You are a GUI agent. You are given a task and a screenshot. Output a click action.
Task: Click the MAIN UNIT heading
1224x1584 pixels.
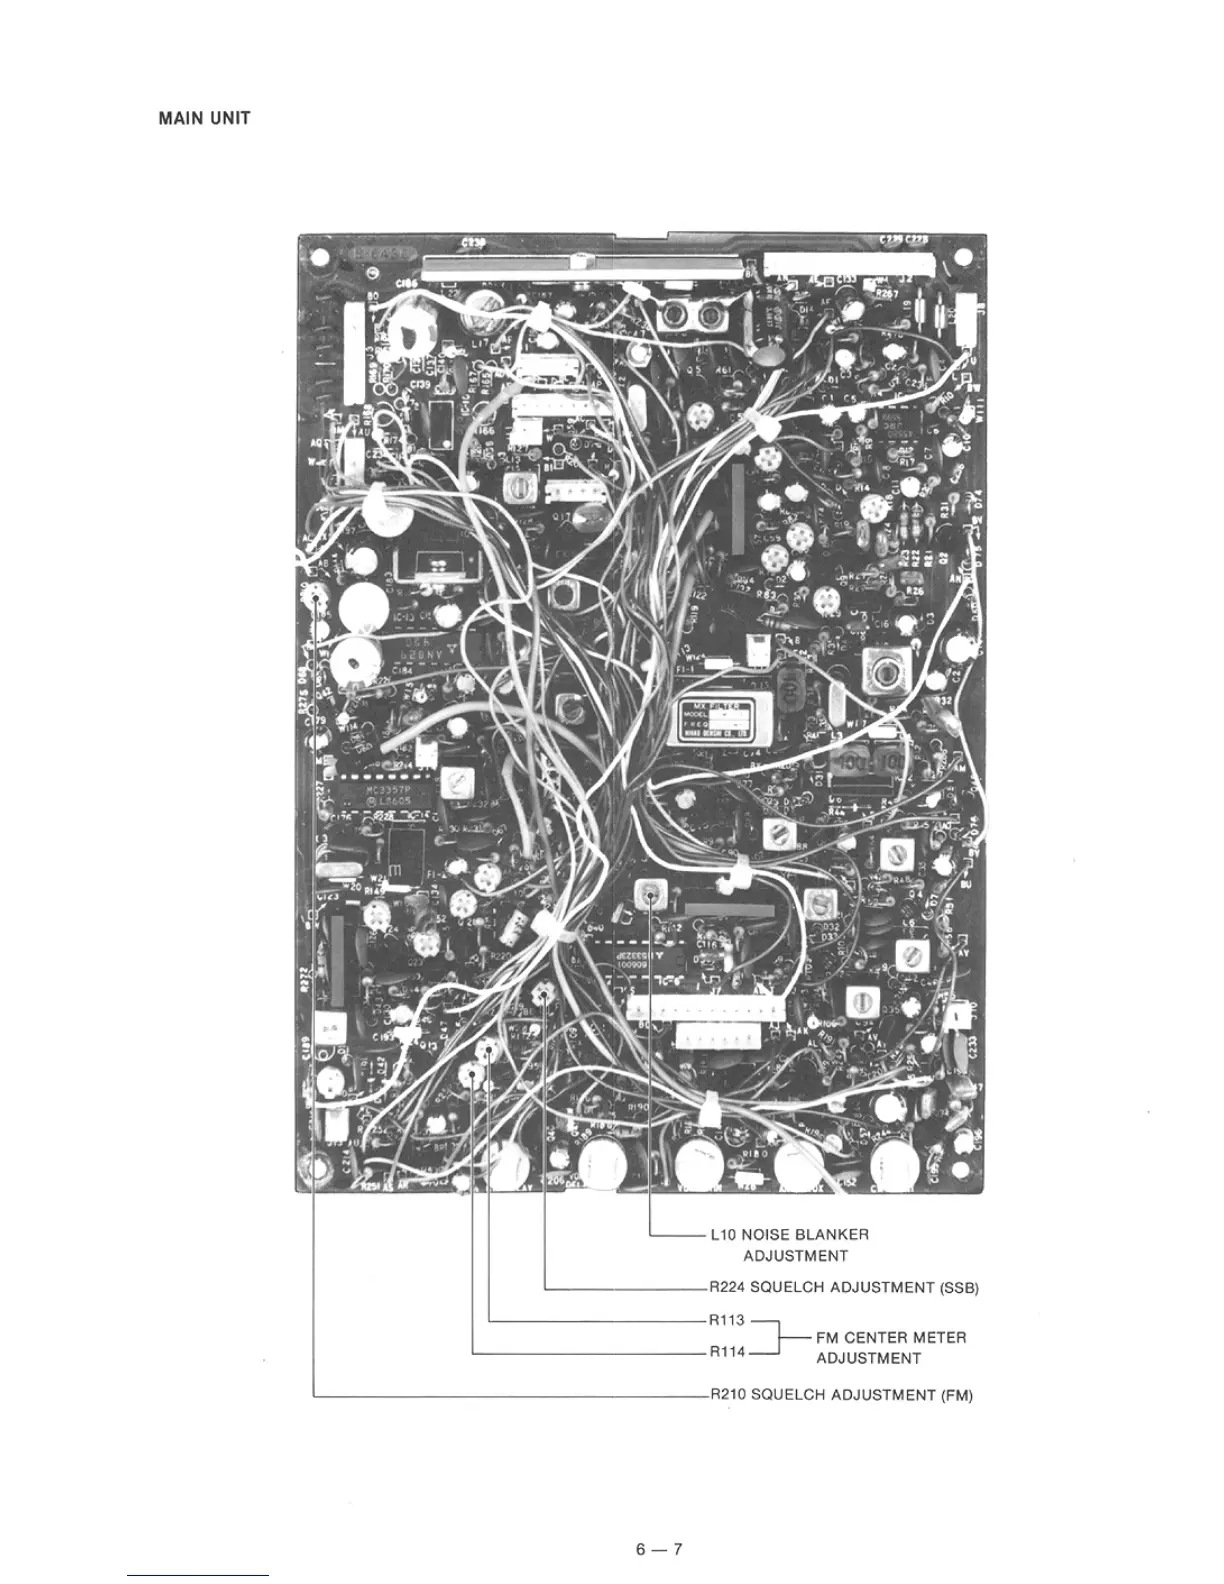(x=204, y=118)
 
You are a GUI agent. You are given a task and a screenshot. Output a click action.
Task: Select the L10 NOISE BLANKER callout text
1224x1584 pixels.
(x=789, y=1234)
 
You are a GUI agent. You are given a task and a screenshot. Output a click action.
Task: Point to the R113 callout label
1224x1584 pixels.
(x=727, y=1321)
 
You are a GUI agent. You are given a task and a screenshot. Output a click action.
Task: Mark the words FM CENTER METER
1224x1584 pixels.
(x=891, y=1337)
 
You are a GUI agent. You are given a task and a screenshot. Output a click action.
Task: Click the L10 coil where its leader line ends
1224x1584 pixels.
(x=651, y=896)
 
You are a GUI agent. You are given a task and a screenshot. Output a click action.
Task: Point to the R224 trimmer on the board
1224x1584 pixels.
(x=544, y=995)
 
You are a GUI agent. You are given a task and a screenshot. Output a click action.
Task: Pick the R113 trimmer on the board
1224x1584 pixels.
(x=489, y=1049)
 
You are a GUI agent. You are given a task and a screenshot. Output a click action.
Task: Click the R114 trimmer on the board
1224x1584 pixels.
(x=472, y=1073)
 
